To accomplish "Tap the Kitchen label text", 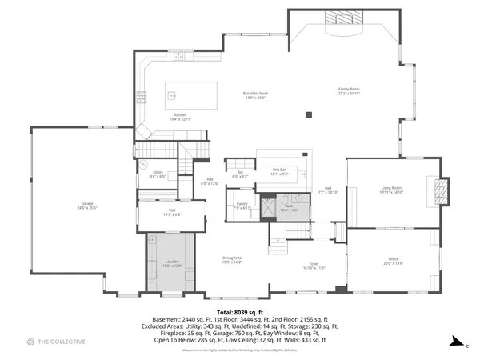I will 181,117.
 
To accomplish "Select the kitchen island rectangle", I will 191,95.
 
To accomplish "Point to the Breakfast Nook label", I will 255,95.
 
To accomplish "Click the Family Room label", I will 349,90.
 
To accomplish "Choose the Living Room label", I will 392,190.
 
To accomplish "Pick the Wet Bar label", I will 279,171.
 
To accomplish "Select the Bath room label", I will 289,207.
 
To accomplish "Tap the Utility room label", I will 158,174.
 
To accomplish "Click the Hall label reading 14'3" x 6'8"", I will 172,213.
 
